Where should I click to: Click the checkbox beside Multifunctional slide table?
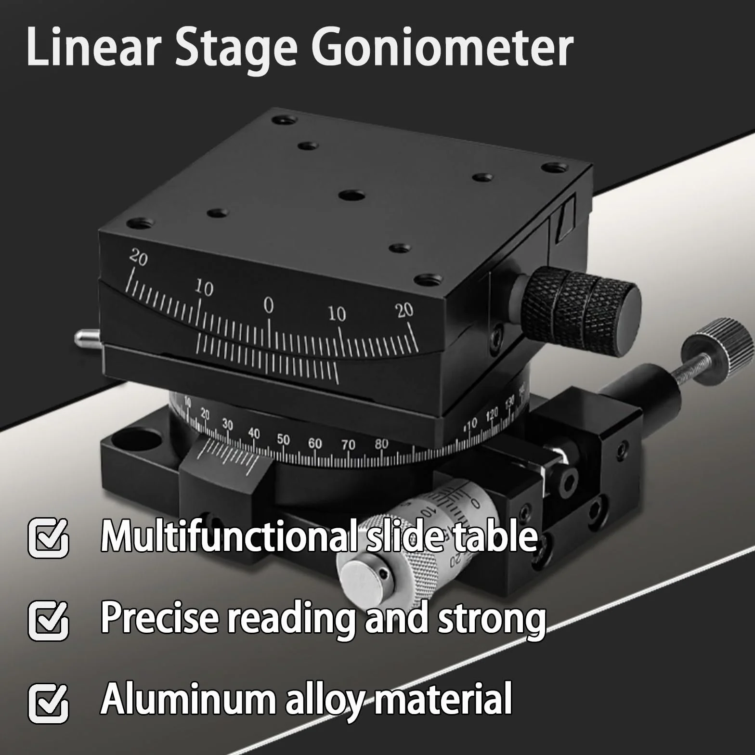(48, 537)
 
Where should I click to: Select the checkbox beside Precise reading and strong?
(48, 620)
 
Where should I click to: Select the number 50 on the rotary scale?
(284, 439)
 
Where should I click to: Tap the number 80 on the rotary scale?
(381, 444)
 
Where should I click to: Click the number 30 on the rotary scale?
(227, 425)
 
